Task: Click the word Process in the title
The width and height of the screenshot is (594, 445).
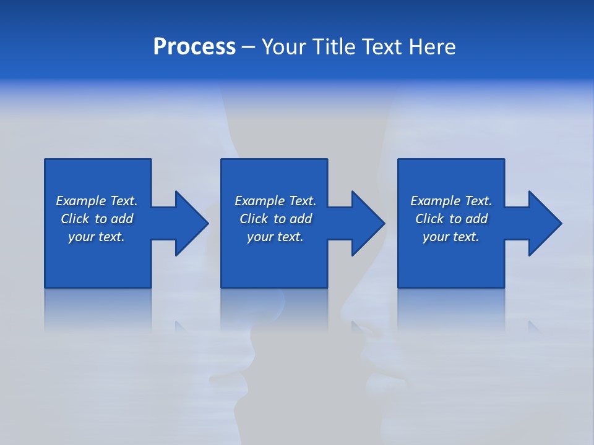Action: point(194,47)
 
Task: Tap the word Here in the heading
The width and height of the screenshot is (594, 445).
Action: point(432,47)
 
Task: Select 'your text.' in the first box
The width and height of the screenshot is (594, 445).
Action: point(97,237)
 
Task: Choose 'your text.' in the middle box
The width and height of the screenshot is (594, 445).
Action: point(275,237)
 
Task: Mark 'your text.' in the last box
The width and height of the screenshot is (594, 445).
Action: point(451,237)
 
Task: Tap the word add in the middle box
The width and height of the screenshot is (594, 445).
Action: point(300,219)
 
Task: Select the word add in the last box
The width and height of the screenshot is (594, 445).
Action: point(476,219)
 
